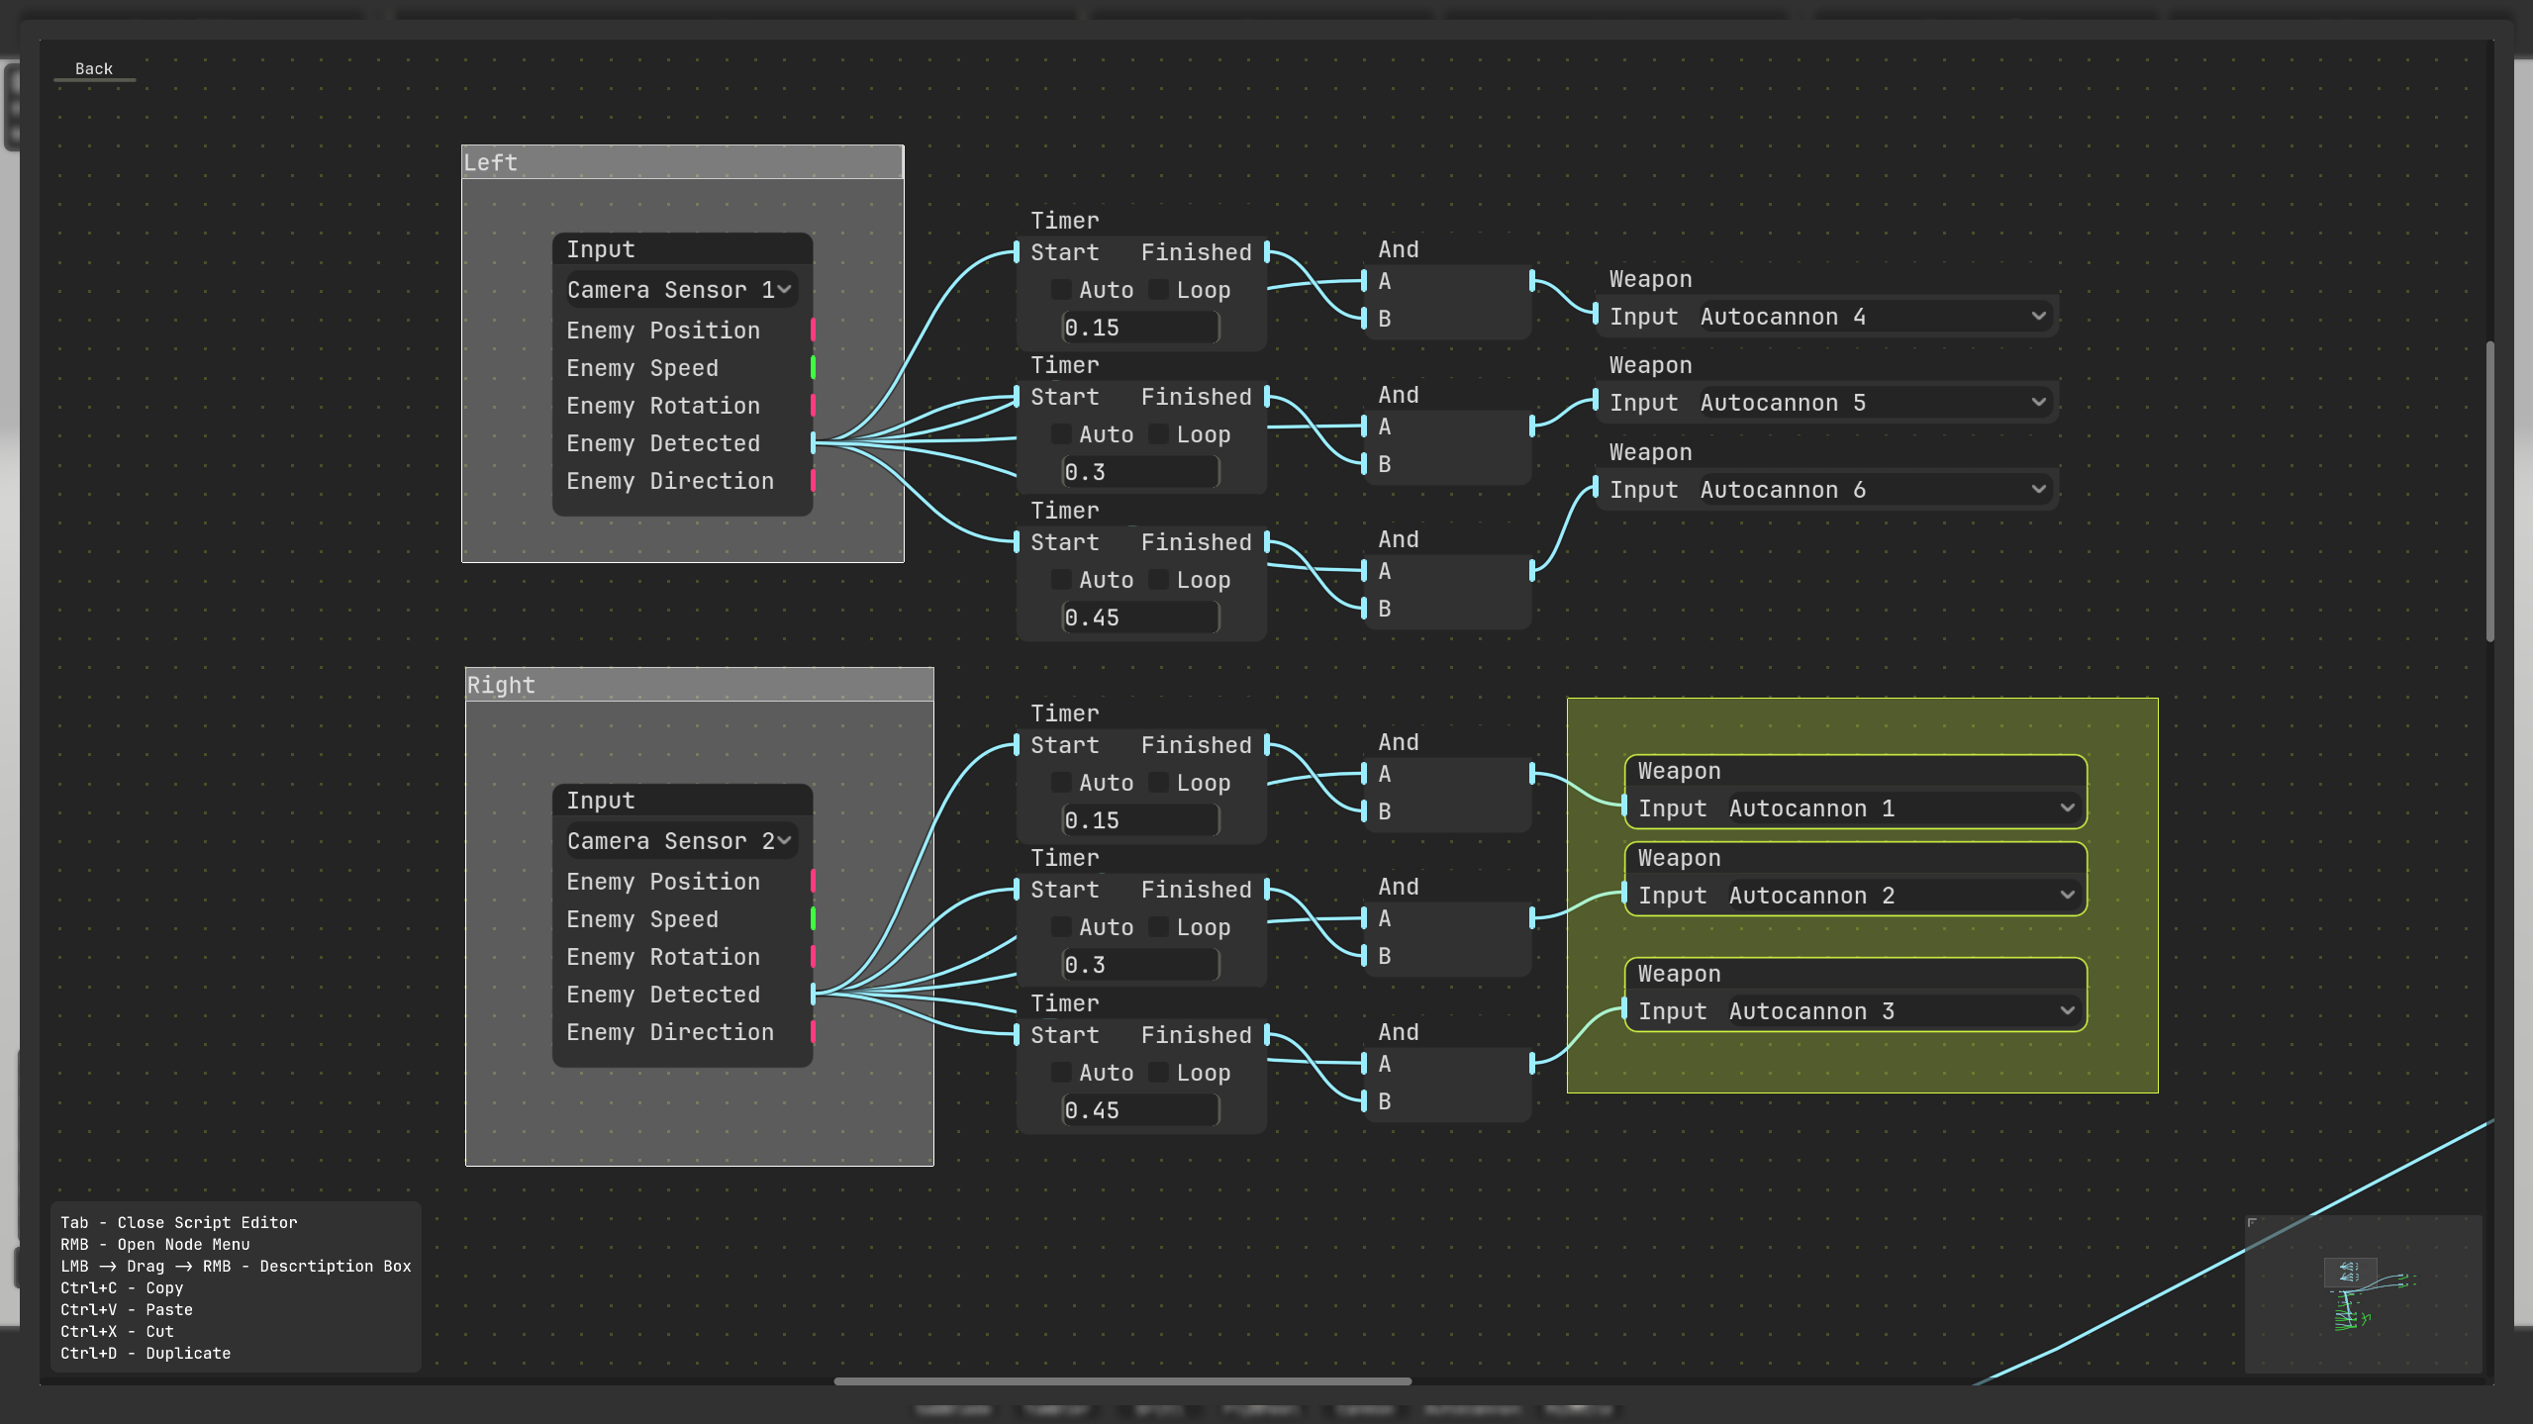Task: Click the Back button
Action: click(94, 69)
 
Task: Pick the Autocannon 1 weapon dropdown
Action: click(1901, 808)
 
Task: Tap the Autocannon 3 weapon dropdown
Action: click(1901, 1011)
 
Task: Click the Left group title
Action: click(682, 162)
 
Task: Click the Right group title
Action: click(699, 685)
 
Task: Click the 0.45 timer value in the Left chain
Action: click(1139, 617)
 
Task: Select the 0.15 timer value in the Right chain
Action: click(1139, 820)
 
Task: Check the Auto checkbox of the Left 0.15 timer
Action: click(1060, 290)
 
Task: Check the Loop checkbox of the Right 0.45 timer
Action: click(1157, 1073)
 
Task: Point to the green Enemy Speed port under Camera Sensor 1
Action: click(813, 368)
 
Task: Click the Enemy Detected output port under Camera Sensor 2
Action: click(813, 995)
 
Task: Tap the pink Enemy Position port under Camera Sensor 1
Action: click(813, 331)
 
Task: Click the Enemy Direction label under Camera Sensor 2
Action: click(670, 1032)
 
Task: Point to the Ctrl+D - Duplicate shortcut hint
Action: click(146, 1353)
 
